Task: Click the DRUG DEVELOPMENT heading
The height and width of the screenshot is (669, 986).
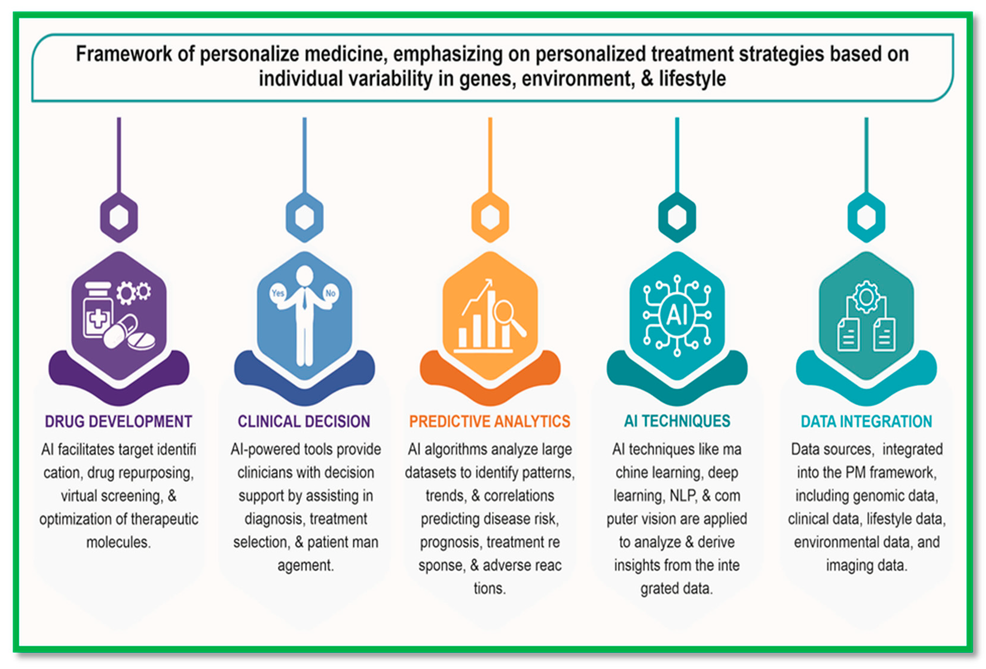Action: pyautogui.click(x=118, y=421)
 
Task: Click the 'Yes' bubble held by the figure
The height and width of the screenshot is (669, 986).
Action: pyautogui.click(x=278, y=293)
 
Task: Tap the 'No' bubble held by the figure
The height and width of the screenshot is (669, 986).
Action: pyautogui.click(x=331, y=293)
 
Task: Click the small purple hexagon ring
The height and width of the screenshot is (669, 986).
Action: pyautogui.click(x=119, y=217)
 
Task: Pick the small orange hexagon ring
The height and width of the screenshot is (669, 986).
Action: pyautogui.click(x=490, y=217)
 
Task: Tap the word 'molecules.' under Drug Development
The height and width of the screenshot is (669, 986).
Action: pyautogui.click(x=118, y=542)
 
